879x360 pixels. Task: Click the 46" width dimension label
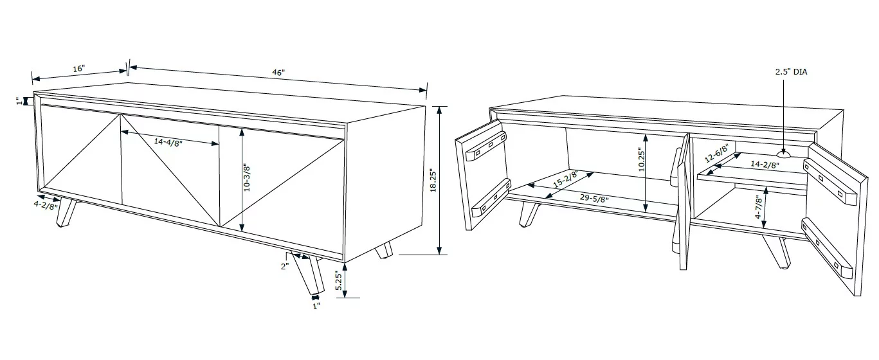(x=278, y=73)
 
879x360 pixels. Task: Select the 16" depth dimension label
(x=78, y=69)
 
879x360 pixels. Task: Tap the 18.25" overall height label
(x=433, y=181)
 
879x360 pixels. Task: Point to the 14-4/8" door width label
(x=168, y=142)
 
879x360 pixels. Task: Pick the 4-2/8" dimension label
(x=46, y=206)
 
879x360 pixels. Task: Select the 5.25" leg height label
(x=339, y=281)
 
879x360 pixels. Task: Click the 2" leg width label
(x=284, y=266)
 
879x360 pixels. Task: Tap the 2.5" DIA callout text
(x=791, y=72)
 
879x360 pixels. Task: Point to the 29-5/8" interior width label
(x=594, y=198)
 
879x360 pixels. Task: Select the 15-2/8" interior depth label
(x=565, y=179)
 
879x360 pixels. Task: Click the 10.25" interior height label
(x=642, y=159)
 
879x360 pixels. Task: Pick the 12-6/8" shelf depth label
(x=716, y=154)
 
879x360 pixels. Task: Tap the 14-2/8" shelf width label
(x=765, y=165)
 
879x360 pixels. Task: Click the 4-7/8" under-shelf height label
(x=759, y=207)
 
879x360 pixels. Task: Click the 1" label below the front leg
(x=316, y=306)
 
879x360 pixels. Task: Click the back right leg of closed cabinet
(x=384, y=250)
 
